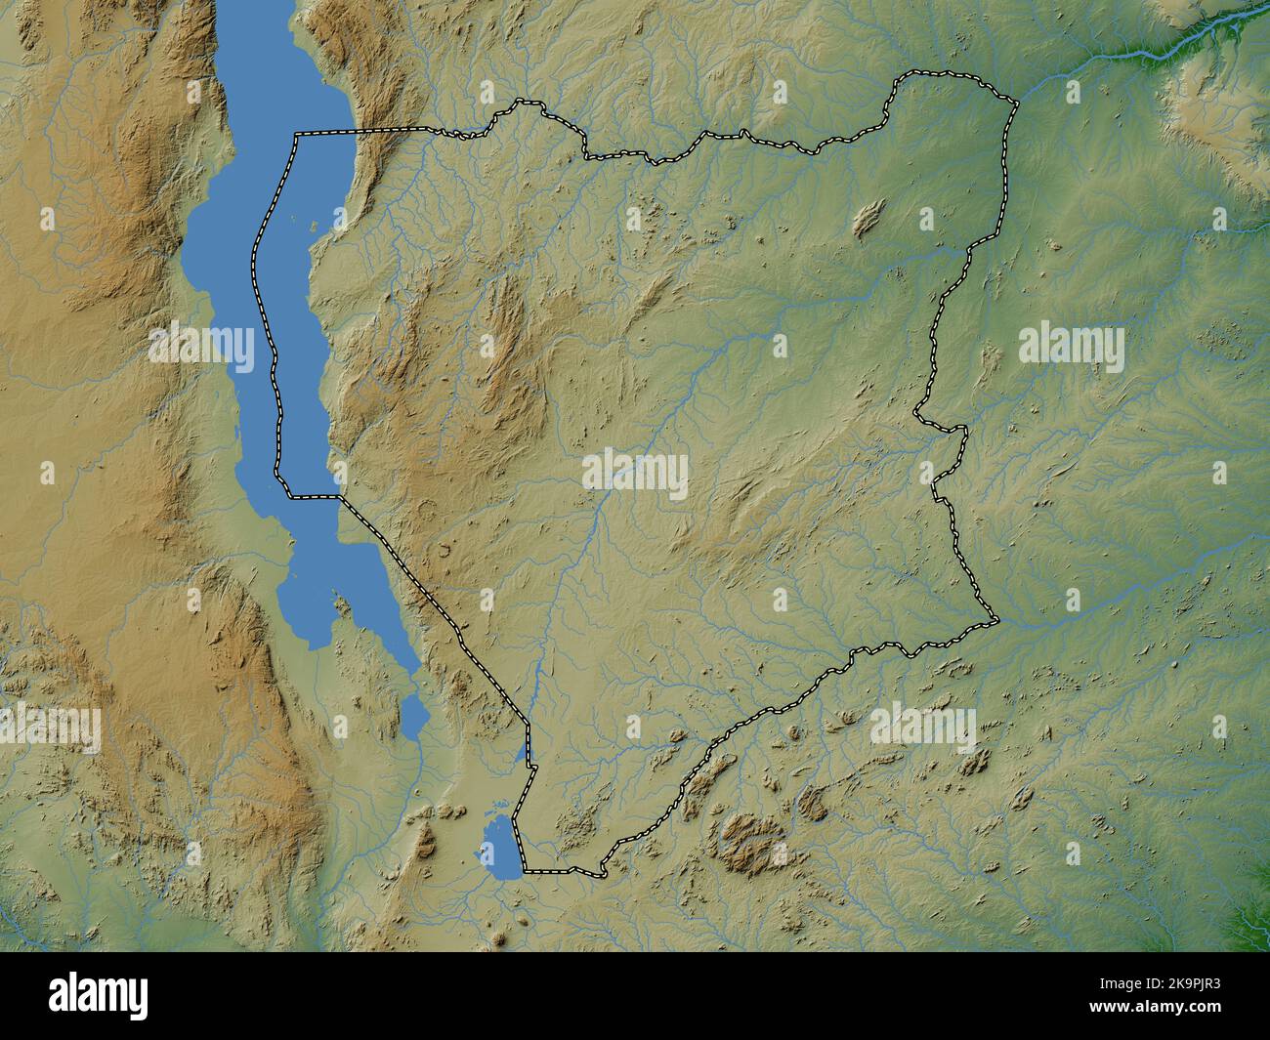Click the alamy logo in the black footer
[101, 995]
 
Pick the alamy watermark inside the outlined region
[635, 473]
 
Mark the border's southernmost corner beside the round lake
[525, 868]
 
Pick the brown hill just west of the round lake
[426, 838]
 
